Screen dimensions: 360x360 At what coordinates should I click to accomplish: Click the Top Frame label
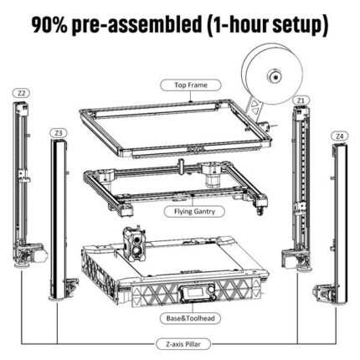[x=191, y=85]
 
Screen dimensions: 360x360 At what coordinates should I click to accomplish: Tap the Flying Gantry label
[x=194, y=212]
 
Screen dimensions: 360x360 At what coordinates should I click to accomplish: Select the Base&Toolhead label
[x=190, y=318]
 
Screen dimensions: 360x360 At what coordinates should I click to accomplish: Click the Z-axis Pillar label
[x=183, y=344]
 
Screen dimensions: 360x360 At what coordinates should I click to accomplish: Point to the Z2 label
[x=22, y=93]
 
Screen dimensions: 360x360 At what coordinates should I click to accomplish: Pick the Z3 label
[x=59, y=133]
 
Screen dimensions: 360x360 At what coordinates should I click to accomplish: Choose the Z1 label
[x=301, y=100]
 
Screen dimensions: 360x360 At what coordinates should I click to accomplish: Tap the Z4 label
[x=340, y=136]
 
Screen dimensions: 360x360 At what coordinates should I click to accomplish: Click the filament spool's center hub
[x=275, y=76]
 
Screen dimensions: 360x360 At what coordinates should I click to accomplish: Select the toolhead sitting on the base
[x=135, y=244]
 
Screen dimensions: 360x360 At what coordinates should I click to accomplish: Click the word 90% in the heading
[x=49, y=24]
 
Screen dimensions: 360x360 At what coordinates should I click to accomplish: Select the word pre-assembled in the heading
[x=136, y=25]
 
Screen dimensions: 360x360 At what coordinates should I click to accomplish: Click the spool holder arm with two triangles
[x=255, y=108]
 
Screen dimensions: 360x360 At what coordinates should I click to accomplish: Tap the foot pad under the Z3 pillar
[x=57, y=299]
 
